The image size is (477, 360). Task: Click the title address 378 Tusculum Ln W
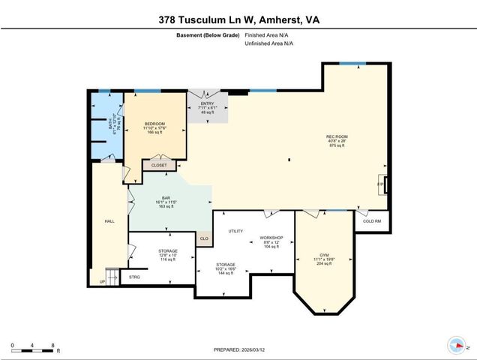point(238,20)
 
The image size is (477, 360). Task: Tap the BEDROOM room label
point(154,122)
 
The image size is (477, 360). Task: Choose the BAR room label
point(166,198)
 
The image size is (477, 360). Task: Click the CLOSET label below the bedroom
point(159,165)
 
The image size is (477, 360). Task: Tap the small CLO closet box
point(203,239)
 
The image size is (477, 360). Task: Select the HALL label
point(109,221)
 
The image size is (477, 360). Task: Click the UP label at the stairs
point(102,282)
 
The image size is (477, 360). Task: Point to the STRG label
point(134,277)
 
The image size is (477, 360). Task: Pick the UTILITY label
point(235,231)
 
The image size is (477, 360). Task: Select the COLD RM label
point(372,221)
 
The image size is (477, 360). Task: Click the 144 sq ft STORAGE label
point(226,265)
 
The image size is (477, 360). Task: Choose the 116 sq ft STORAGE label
point(167,251)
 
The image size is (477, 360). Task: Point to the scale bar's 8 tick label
point(52,346)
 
